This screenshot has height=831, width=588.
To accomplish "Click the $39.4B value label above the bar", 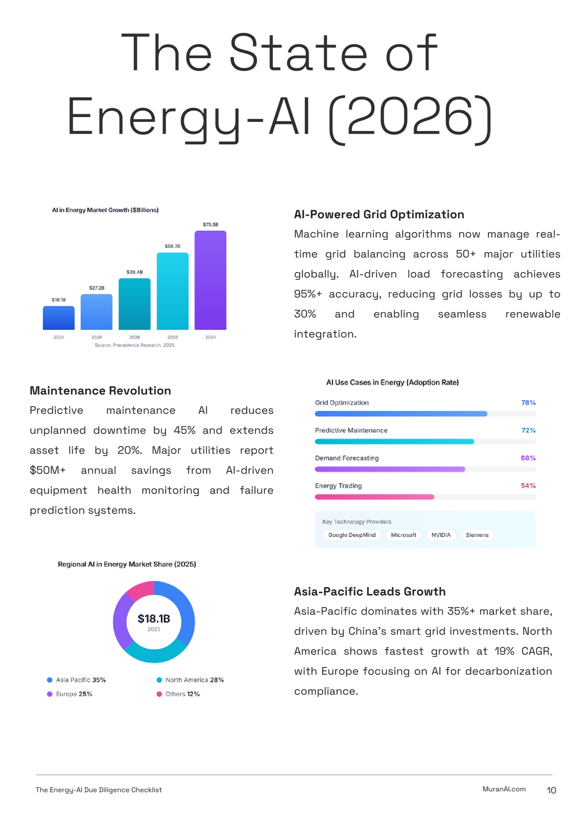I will (x=134, y=272).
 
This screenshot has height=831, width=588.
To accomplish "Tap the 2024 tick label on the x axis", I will (x=59, y=337).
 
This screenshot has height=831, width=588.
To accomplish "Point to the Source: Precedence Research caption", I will (x=134, y=345).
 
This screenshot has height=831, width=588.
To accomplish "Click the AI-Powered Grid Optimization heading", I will (x=379, y=214).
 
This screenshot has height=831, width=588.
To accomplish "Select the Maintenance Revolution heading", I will (x=100, y=391).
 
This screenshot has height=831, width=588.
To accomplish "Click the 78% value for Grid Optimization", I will (x=528, y=403).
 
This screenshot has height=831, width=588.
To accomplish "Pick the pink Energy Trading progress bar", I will (x=374, y=497).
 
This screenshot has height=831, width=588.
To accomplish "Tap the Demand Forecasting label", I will (x=347, y=458).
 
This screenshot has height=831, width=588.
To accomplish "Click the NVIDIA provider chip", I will (x=441, y=535).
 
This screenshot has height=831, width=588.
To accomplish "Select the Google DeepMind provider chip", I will (x=352, y=535).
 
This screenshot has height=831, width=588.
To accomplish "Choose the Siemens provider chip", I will (x=477, y=535).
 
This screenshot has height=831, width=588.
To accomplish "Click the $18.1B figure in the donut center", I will (x=154, y=619).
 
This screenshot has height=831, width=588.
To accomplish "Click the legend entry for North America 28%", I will (x=190, y=680).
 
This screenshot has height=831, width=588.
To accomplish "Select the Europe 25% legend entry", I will (x=70, y=694).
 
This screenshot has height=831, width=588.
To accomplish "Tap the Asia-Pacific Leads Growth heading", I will (x=370, y=591).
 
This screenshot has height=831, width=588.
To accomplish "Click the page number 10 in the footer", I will (x=551, y=790).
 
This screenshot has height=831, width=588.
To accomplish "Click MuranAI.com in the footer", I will (x=504, y=789).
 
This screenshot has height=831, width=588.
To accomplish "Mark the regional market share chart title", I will (x=127, y=564).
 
